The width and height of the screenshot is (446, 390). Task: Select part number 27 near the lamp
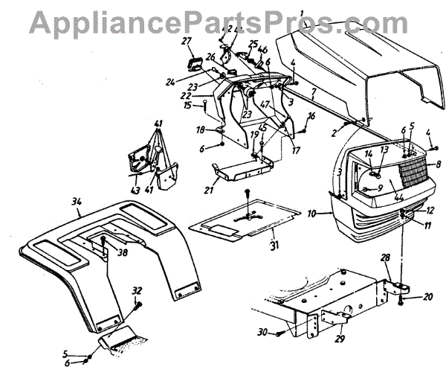187,41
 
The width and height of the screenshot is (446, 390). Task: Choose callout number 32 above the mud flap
137,290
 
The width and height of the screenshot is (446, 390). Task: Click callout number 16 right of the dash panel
311,115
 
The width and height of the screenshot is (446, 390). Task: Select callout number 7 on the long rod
315,94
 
